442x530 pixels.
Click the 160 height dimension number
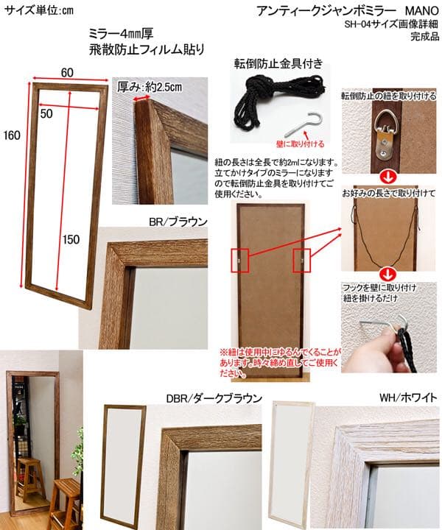coord(11,135)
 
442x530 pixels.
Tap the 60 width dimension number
coord(66,71)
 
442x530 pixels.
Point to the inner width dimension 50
coord(46,114)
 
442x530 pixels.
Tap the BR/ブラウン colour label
coord(178,220)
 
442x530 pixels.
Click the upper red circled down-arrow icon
coord(385,177)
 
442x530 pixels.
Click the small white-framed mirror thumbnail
coord(293,453)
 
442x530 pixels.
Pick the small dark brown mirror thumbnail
coord(122,456)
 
